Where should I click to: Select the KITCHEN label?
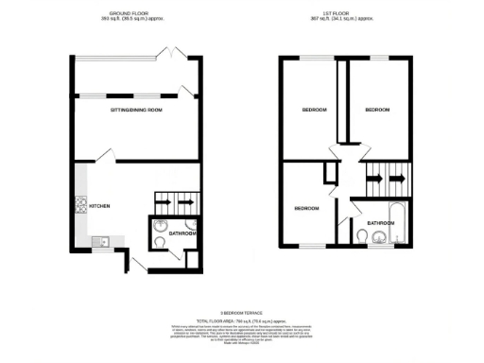tap(100, 205)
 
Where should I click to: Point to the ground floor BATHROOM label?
tap(181, 233)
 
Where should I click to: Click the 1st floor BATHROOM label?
tap(380, 223)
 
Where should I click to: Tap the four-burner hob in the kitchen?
tap(80, 202)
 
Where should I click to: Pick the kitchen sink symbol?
tap(99, 241)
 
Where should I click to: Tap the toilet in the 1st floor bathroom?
tap(363, 236)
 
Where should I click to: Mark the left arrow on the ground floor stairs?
tap(163, 201)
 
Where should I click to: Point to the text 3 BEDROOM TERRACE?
tap(241, 312)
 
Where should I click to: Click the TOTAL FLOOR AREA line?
tap(241, 320)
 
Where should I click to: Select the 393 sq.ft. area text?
tap(134, 20)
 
